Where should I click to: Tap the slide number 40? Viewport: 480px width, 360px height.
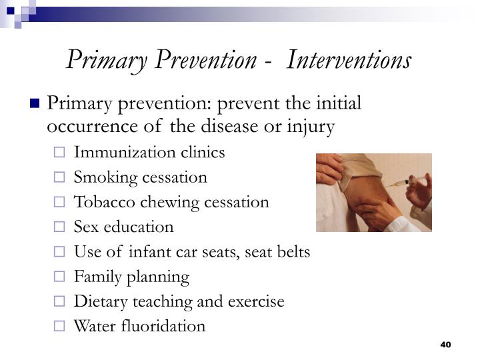coord(446,344)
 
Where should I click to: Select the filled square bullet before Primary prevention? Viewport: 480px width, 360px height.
coord(35,104)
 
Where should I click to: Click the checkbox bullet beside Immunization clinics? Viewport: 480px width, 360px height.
coord(60,153)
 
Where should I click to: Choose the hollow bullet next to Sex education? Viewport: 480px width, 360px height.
coord(60,227)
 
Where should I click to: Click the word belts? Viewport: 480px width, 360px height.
coord(294,251)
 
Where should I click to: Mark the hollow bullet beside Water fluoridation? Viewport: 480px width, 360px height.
coord(60,327)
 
